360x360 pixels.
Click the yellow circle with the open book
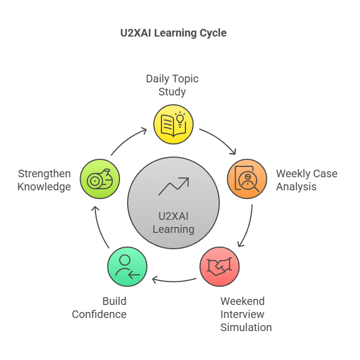(173, 124)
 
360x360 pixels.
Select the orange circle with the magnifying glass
(247, 178)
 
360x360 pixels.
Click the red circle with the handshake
(219, 267)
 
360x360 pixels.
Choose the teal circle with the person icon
(127, 267)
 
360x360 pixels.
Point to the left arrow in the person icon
(133, 274)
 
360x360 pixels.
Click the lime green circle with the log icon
(100, 178)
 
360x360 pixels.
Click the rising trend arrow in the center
(173, 187)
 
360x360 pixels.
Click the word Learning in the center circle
(173, 229)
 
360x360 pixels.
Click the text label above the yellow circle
(172, 85)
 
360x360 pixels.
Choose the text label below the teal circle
(100, 309)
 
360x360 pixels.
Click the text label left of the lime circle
(44, 181)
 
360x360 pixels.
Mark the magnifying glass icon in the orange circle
(249, 181)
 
